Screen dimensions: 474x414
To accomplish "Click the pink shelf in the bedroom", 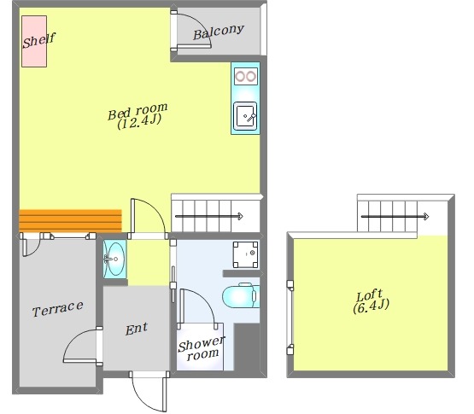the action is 34,41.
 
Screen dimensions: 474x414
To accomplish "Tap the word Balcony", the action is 219,32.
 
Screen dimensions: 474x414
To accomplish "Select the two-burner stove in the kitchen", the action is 246,76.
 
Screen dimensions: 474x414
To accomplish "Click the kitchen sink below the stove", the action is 245,116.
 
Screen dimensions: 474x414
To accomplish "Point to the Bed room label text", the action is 138,111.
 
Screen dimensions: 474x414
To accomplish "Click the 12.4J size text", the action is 139,122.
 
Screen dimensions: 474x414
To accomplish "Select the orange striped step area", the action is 70,220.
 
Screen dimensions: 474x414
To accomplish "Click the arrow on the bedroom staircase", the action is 209,216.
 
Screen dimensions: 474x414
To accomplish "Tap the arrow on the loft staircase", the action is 395,216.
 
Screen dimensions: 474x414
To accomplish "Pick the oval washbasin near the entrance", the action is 115,259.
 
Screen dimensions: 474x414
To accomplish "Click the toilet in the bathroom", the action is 241,295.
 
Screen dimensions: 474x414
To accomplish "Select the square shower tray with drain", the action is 245,254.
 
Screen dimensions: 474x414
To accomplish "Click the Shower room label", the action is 202,348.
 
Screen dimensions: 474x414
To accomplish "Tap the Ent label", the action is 137,329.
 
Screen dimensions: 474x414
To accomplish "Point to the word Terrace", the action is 58,309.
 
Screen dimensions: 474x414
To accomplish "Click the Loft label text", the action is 370,295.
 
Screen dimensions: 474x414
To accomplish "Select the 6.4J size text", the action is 371,306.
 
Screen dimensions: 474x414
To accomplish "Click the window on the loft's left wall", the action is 290,318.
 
